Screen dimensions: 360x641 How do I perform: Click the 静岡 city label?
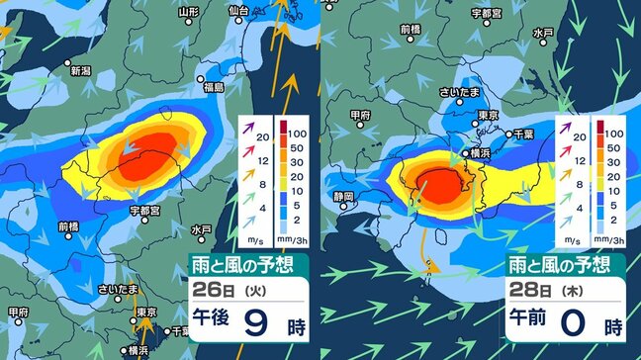pyautogui.click(x=345, y=196)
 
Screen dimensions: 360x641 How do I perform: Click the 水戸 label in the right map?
pyautogui.click(x=542, y=34)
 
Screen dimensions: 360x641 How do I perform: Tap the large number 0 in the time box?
pyautogui.click(x=586, y=324)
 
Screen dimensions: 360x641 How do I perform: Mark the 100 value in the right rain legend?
pyautogui.click(x=612, y=132)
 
